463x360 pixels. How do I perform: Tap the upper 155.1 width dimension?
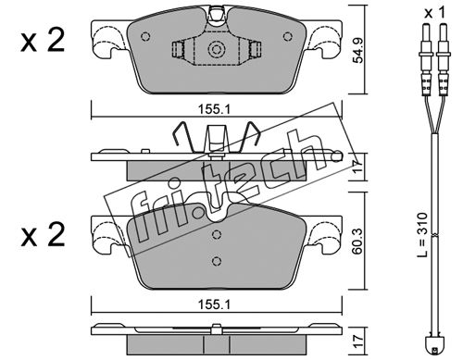point(214,109)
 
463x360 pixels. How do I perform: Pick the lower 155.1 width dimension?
point(214,304)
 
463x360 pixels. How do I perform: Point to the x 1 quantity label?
point(434,13)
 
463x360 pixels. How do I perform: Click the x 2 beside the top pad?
point(43,41)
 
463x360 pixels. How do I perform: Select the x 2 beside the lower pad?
point(43,235)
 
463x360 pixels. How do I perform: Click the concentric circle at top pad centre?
point(216,49)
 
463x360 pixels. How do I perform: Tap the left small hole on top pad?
point(145,37)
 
